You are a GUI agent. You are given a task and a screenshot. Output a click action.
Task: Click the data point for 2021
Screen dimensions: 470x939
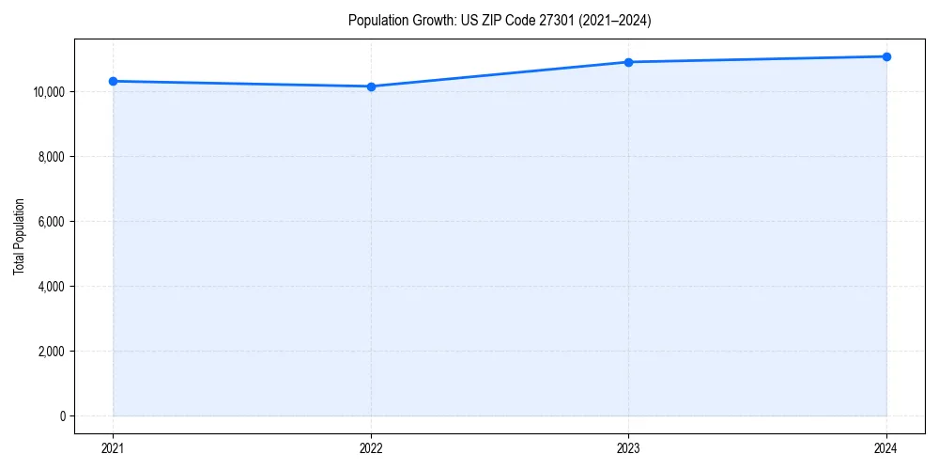[114, 81]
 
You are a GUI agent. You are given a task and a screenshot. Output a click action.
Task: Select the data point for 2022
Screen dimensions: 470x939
[372, 86]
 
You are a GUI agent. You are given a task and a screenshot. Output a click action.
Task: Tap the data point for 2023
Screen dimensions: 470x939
[629, 62]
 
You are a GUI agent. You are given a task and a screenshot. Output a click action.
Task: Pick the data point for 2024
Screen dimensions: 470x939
[886, 56]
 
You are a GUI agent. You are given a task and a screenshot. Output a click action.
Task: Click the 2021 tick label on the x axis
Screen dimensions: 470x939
[114, 447]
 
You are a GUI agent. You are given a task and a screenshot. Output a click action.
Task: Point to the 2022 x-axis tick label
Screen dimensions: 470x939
[372, 447]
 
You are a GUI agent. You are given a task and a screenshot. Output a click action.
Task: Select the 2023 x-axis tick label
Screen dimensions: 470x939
[629, 447]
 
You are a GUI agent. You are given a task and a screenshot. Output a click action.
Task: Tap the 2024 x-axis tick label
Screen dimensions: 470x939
[886, 447]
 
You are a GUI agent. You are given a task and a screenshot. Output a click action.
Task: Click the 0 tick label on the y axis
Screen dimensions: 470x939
[61, 416]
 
